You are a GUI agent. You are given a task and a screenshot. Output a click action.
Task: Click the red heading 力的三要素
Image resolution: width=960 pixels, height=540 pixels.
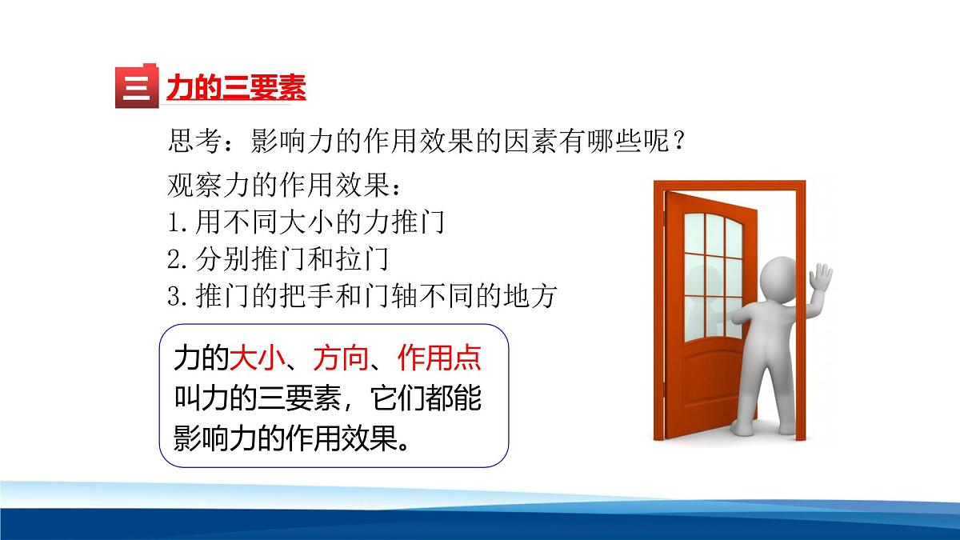[236, 88]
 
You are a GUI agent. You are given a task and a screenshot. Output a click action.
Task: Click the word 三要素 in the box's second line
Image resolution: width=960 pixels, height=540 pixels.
[311, 398]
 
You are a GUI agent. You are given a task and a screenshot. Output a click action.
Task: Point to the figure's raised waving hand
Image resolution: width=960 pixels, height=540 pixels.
[821, 281]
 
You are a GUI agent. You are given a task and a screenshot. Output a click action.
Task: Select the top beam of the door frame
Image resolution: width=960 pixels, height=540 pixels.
[730, 187]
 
